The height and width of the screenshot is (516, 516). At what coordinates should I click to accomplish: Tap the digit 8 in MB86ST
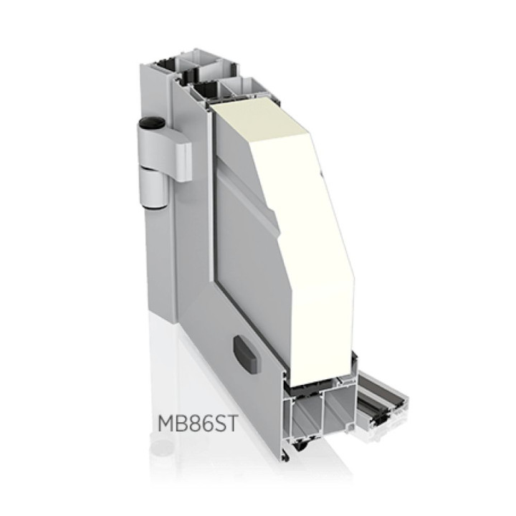point(191,424)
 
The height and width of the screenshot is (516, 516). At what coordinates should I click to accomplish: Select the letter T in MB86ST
point(230,424)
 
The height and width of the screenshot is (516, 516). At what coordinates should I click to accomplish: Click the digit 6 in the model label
point(204,424)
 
